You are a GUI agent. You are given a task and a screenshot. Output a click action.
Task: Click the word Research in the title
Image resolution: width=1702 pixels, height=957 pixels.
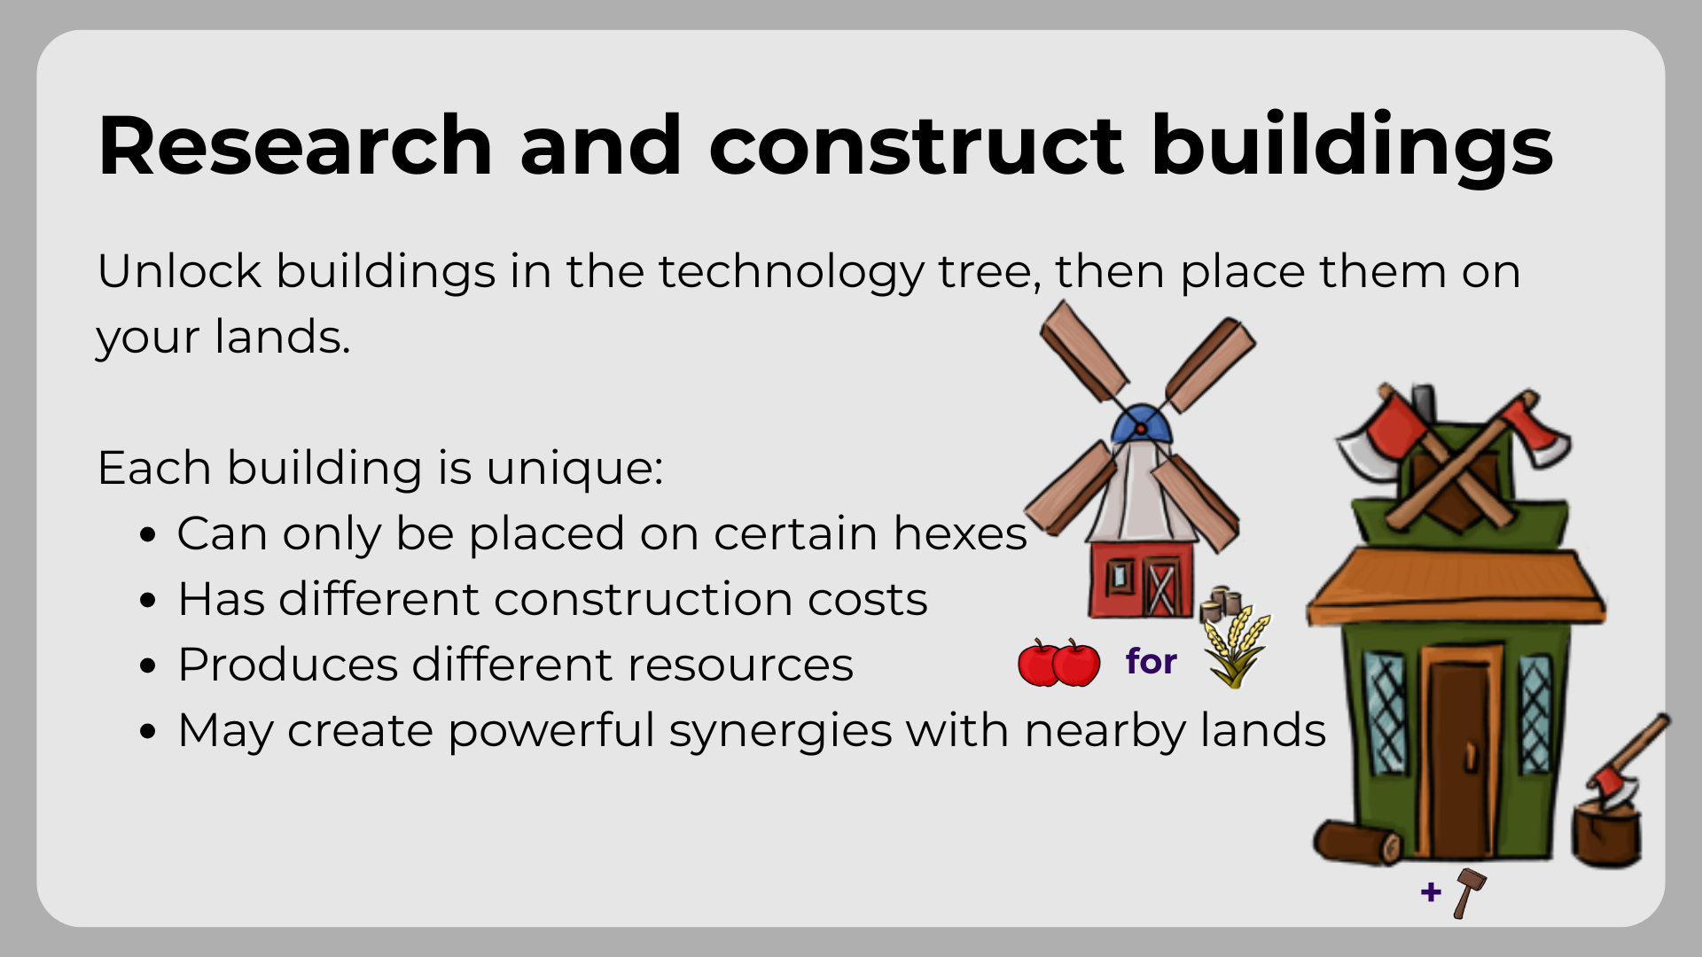(x=295, y=145)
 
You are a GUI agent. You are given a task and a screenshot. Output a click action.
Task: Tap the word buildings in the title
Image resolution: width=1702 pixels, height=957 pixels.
(x=1352, y=149)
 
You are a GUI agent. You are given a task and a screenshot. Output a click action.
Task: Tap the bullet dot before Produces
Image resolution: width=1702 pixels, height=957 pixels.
(x=148, y=666)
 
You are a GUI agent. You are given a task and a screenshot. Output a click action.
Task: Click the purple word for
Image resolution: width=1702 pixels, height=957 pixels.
(x=1151, y=661)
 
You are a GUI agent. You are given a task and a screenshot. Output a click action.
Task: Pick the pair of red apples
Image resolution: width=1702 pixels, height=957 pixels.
(x=1058, y=663)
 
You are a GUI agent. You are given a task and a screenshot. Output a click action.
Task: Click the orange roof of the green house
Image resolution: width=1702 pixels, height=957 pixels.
(x=1456, y=585)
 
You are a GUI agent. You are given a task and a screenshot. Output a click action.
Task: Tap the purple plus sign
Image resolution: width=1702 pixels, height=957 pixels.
(x=1431, y=891)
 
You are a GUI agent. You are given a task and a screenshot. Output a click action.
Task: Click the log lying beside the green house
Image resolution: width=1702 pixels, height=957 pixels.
(x=1357, y=843)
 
